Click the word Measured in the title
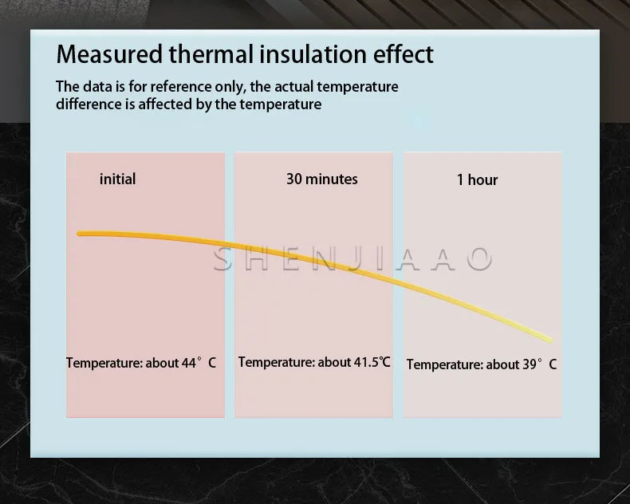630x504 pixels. coord(109,54)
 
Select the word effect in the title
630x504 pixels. coord(404,54)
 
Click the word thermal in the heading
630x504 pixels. coord(211,54)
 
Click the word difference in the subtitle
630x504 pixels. coord(89,104)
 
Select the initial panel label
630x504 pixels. coord(117,179)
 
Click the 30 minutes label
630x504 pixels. coord(322,179)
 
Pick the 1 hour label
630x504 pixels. coord(478,179)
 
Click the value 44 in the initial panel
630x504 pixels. coord(189,363)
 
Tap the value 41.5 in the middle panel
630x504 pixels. coord(366,362)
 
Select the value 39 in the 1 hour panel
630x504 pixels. coord(530,364)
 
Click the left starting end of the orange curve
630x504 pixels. coord(79,234)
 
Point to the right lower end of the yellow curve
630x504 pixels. coord(550,341)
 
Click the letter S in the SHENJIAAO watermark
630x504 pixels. coord(224,259)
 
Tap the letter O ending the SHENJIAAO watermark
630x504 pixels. coord(480,259)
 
